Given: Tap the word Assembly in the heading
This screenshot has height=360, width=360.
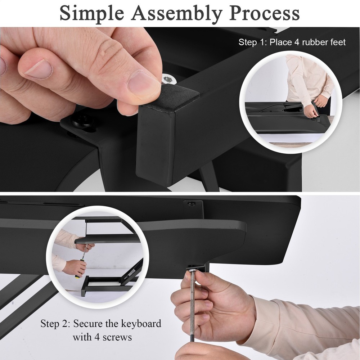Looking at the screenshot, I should pos(176,14).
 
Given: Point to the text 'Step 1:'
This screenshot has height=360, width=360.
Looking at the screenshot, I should pos(253,42).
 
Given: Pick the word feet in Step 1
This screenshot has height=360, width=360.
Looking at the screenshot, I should pos(337,42).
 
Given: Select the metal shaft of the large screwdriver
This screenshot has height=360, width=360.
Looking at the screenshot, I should pos(192,306).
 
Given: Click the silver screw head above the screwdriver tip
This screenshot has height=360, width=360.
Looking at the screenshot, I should pos(192,269).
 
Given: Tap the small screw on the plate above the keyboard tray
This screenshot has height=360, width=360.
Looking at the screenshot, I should pos(191,204).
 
